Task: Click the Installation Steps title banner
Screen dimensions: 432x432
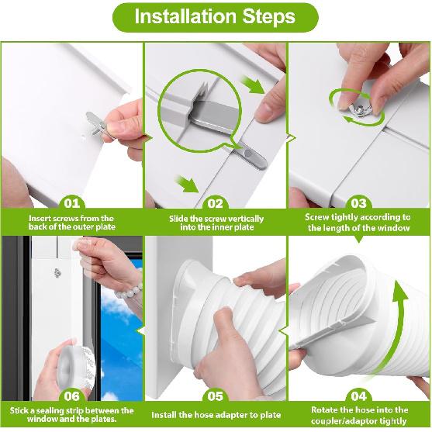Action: tap(216, 17)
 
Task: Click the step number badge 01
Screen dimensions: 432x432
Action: tap(71, 204)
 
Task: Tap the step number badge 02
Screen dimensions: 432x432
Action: tap(216, 204)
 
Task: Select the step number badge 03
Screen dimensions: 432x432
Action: tap(358, 204)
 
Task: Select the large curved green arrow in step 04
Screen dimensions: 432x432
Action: tap(401, 326)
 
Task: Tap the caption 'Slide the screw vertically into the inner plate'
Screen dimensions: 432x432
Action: tap(216, 223)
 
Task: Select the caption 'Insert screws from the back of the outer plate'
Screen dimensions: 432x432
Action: tap(71, 223)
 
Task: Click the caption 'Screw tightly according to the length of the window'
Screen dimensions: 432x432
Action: tap(358, 223)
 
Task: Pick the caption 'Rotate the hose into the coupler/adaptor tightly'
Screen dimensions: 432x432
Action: tap(358, 415)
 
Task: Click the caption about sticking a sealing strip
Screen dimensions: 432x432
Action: tap(71, 415)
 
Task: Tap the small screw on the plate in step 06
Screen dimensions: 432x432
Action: tap(60, 272)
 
